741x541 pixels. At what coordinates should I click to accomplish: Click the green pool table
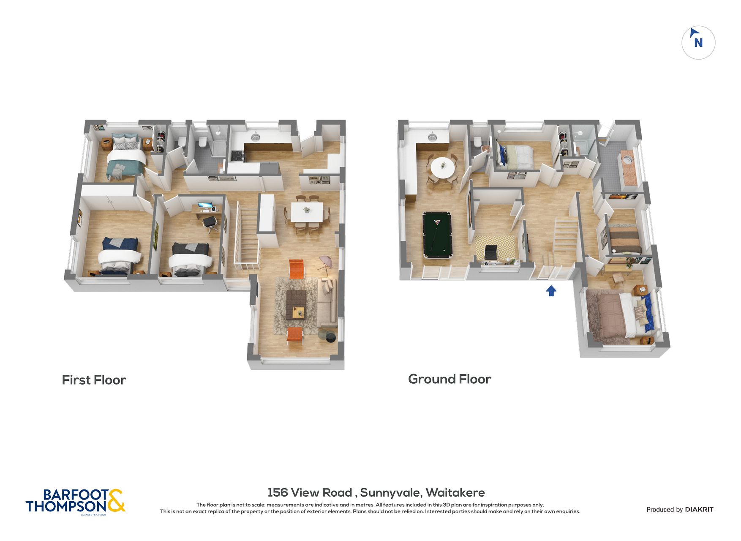click(437, 235)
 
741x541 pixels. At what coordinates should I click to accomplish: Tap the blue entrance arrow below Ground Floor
click(551, 291)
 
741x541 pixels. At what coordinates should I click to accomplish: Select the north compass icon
click(698, 43)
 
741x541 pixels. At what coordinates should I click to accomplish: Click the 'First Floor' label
click(94, 380)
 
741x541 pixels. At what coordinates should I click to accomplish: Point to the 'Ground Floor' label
click(450, 379)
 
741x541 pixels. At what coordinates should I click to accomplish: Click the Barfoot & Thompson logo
click(76, 502)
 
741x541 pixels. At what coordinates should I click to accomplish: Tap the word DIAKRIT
click(699, 510)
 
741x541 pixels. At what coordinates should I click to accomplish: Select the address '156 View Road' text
click(310, 492)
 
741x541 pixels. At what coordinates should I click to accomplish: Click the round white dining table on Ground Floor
click(443, 168)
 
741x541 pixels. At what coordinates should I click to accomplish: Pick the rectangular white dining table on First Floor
click(307, 212)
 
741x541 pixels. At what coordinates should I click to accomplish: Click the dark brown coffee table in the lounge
click(296, 305)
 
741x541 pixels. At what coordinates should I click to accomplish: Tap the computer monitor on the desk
click(205, 206)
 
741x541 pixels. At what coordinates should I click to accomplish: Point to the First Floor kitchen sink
click(255, 137)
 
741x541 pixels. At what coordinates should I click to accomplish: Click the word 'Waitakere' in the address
click(455, 492)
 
